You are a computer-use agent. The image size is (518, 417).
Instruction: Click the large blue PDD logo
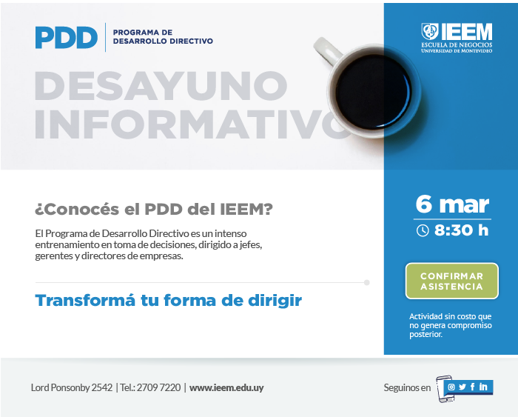click(67, 37)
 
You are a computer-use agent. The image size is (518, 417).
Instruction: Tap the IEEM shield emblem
click(430, 31)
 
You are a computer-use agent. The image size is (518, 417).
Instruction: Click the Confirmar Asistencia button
click(451, 281)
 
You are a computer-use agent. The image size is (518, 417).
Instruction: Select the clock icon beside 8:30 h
click(423, 230)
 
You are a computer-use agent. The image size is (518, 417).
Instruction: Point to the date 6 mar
click(452, 204)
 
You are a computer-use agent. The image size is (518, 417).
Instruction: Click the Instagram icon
click(451, 387)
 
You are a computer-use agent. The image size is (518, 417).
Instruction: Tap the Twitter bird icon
click(462, 387)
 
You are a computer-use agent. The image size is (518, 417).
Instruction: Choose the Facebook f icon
click(473, 387)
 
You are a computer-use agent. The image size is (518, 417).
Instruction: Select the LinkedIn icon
click(483, 387)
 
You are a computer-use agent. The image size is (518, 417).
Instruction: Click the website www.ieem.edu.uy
click(226, 387)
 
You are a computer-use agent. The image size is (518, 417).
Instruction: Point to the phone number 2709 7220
click(158, 387)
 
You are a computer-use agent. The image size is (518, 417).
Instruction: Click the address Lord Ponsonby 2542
click(72, 387)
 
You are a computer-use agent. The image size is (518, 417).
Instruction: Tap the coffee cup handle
click(327, 50)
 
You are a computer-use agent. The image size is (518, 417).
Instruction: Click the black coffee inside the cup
click(374, 92)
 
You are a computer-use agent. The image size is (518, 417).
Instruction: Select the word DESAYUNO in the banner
click(161, 85)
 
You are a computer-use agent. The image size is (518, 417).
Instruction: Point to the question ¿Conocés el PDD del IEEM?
click(154, 210)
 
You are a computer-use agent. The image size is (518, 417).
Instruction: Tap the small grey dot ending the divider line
click(367, 282)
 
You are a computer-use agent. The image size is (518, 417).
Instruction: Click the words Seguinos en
click(407, 387)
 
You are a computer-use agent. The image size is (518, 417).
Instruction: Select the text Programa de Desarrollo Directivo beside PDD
click(163, 37)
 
